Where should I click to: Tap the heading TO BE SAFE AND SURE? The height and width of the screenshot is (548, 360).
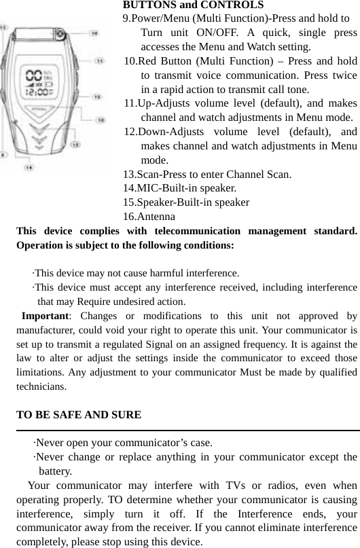pyautogui.click(x=79, y=414)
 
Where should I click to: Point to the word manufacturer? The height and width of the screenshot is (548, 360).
pyautogui.click(x=47, y=330)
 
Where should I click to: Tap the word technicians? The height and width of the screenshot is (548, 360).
pyautogui.click(x=41, y=387)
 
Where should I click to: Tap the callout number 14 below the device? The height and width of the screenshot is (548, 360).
pyautogui.click(x=29, y=166)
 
